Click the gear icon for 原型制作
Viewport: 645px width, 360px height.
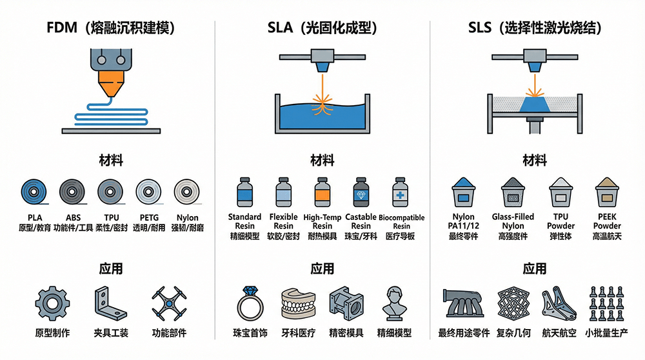[x=52, y=304]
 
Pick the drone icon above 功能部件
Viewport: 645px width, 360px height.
[x=169, y=303]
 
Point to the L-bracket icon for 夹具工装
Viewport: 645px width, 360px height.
[x=110, y=304]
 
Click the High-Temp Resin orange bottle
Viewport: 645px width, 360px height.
[x=321, y=193]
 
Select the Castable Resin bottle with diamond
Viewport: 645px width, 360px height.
[x=361, y=193]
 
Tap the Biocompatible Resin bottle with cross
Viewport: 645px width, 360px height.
[x=401, y=193]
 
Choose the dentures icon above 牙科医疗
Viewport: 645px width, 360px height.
[x=298, y=305]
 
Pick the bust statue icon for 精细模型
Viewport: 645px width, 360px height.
[x=394, y=303]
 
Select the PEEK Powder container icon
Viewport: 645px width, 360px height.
[x=606, y=192]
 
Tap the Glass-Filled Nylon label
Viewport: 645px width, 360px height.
[x=513, y=221]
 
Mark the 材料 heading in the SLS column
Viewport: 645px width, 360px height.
[x=534, y=159]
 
